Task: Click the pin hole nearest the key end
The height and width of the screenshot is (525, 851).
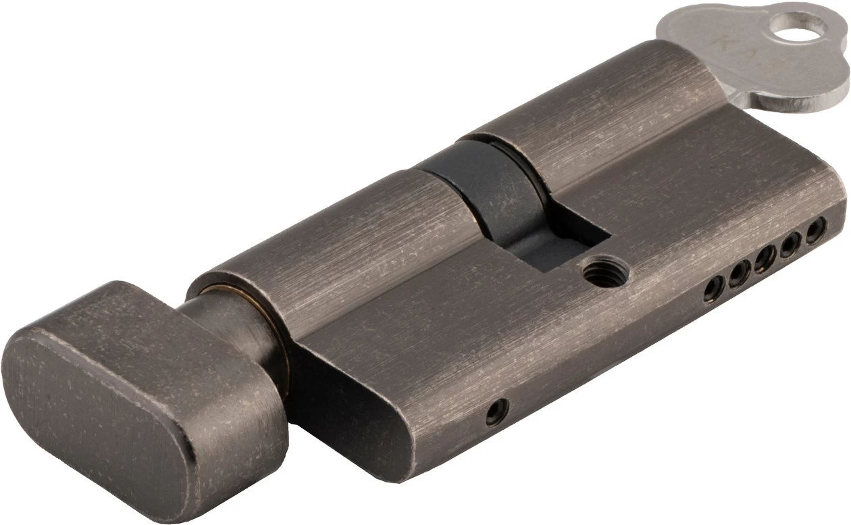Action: pyautogui.click(x=818, y=223)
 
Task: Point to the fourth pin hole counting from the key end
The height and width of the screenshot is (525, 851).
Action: pyautogui.click(x=738, y=274)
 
